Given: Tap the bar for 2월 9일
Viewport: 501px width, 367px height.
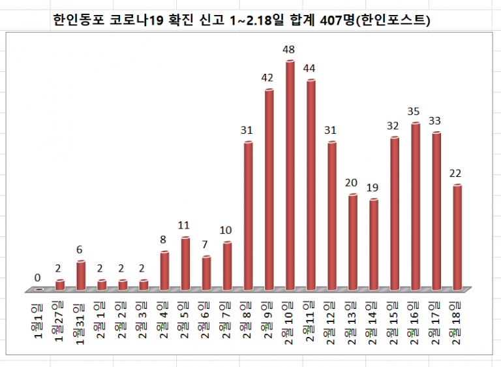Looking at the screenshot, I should pyautogui.click(x=269, y=189).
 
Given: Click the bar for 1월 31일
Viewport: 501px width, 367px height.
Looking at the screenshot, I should pyautogui.click(x=81, y=275).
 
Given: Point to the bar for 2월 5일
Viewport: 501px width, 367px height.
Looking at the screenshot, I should pyautogui.click(x=185, y=263).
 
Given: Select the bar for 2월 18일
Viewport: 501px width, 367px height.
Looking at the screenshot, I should pyautogui.click(x=457, y=237).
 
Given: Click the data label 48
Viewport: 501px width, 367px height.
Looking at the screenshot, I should pyautogui.click(x=290, y=50).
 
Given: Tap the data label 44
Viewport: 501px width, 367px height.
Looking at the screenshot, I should pyautogui.click(x=311, y=68).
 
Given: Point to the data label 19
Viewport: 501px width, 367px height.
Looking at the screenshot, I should pyautogui.click(x=373, y=188).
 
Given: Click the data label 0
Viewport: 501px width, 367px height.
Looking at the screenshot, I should pyautogui.click(x=38, y=278).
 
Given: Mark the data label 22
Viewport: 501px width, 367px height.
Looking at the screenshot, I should pyautogui.click(x=457, y=173).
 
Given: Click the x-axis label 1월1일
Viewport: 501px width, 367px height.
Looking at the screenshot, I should pyautogui.click(x=38, y=320).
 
